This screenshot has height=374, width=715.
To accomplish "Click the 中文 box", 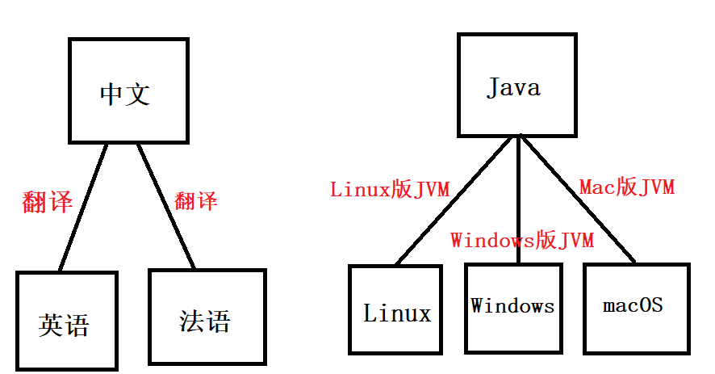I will (128, 90).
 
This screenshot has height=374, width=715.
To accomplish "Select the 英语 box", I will (66, 321).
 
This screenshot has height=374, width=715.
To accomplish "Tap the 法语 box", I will (207, 317).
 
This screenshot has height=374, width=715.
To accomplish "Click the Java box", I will (517, 85).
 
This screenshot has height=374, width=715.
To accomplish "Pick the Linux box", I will (397, 310).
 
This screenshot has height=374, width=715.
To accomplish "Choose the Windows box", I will (513, 307).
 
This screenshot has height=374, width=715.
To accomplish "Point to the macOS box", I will (637, 308).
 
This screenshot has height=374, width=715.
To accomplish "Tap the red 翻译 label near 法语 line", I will (196, 200).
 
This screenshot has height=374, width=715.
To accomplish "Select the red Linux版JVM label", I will (390, 190).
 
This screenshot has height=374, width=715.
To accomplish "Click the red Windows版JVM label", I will (522, 240).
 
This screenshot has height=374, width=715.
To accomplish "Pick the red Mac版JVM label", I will (627, 187).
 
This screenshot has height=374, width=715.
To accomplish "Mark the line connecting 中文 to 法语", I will (165, 205).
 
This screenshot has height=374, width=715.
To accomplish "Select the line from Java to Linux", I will (454, 200).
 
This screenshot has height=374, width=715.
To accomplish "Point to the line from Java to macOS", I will (577, 200).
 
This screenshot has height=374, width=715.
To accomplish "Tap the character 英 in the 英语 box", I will (51, 325).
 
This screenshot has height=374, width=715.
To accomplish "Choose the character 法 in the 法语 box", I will (192, 321).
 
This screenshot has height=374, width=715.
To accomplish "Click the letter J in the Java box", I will (493, 86).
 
